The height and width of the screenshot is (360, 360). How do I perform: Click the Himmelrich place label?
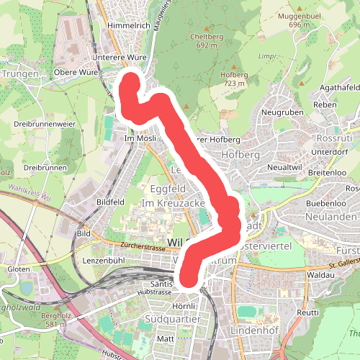(x=127, y=25)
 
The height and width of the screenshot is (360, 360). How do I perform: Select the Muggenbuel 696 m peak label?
(x=304, y=19)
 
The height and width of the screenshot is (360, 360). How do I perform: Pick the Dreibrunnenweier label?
(x=45, y=124)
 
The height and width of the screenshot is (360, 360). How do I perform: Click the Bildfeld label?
(x=111, y=202)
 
